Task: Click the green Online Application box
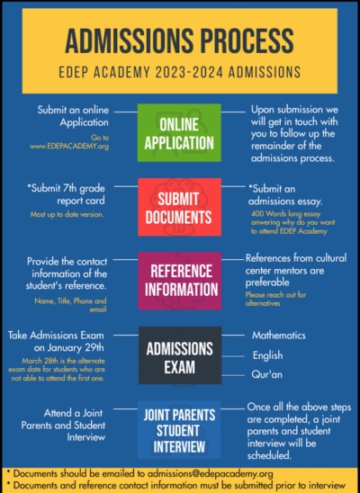coord(178,132)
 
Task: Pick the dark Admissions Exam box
coord(178,354)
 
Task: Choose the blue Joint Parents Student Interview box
coord(178,431)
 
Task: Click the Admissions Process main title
coord(180,40)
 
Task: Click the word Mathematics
coord(278,335)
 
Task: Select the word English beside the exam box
coord(266,355)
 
